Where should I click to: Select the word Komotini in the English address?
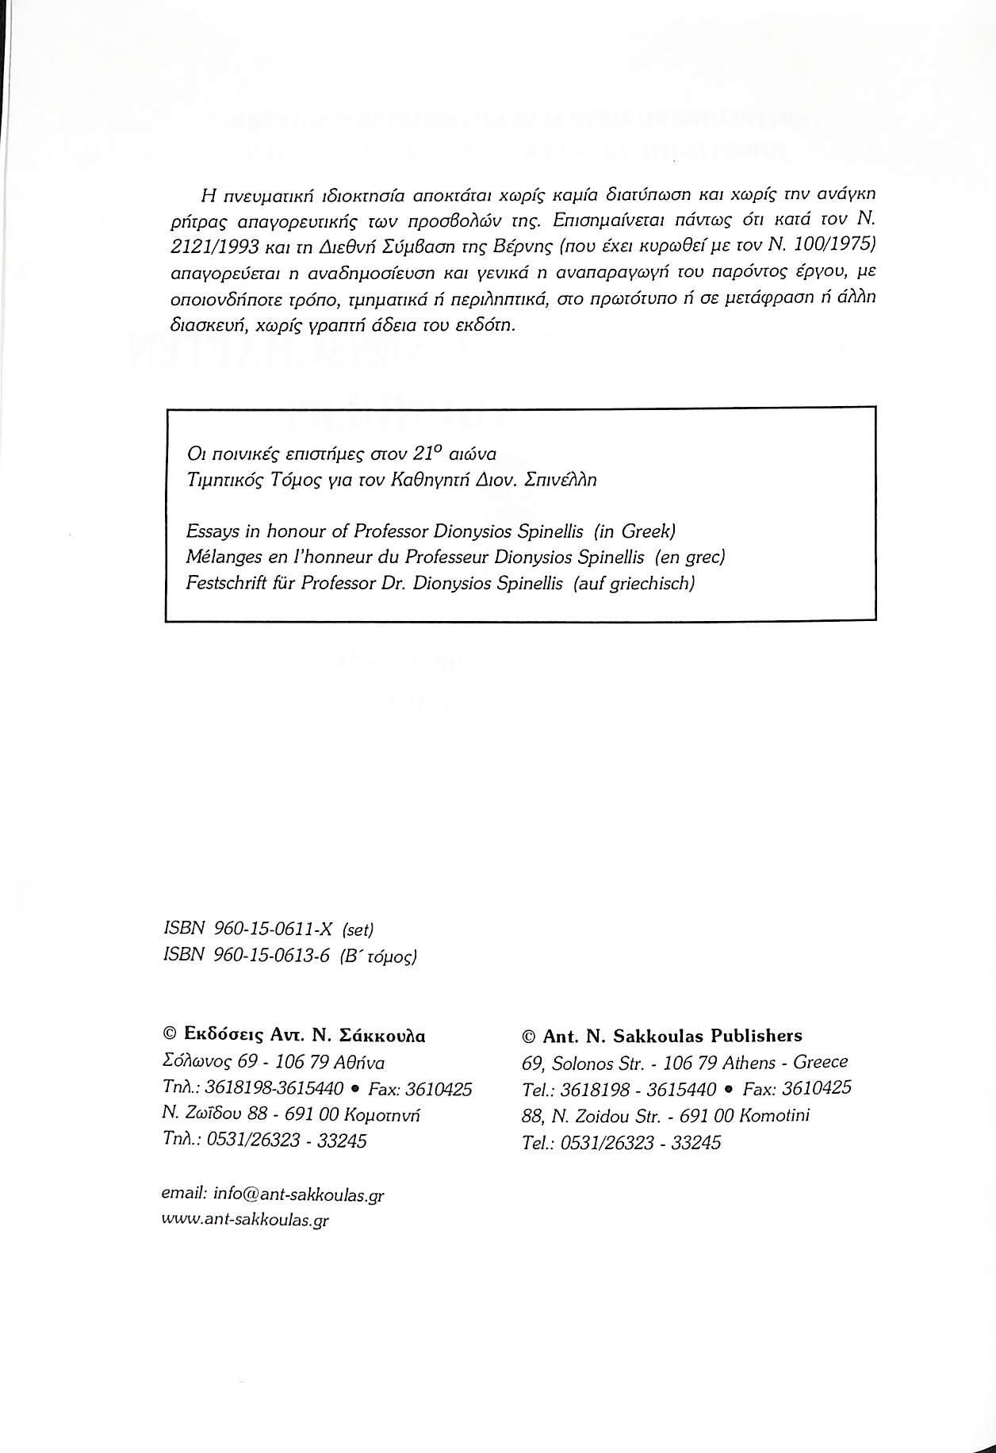[x=774, y=1116]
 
